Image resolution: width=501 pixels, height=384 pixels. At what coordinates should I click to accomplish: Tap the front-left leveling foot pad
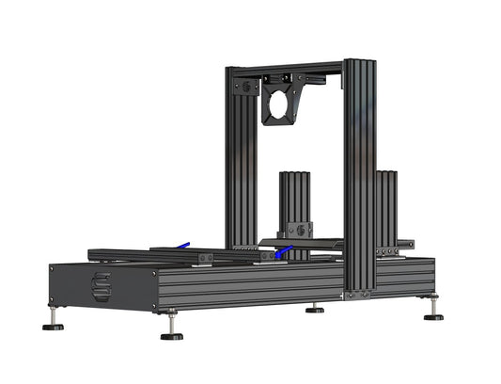[53, 327]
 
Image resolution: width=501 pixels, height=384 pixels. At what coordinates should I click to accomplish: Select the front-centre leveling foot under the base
[171, 335]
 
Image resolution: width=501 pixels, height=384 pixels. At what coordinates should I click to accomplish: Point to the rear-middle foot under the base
[315, 309]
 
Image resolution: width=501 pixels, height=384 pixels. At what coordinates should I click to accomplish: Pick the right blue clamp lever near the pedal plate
[285, 251]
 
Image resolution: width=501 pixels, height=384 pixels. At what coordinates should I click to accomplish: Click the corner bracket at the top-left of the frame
[246, 87]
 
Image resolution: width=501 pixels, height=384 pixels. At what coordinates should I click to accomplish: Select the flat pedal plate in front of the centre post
[301, 243]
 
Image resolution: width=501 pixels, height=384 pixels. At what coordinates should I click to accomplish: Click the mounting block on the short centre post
[296, 229]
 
